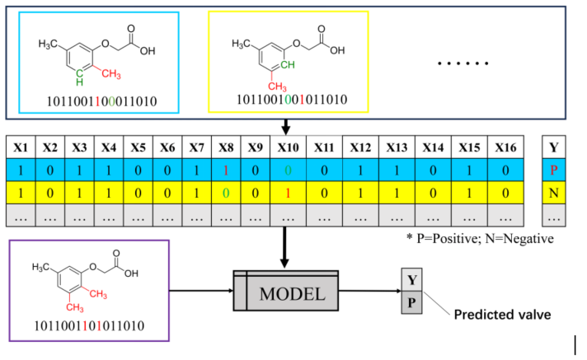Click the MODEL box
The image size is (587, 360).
[x=289, y=293]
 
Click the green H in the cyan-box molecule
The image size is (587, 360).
[x=79, y=82]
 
